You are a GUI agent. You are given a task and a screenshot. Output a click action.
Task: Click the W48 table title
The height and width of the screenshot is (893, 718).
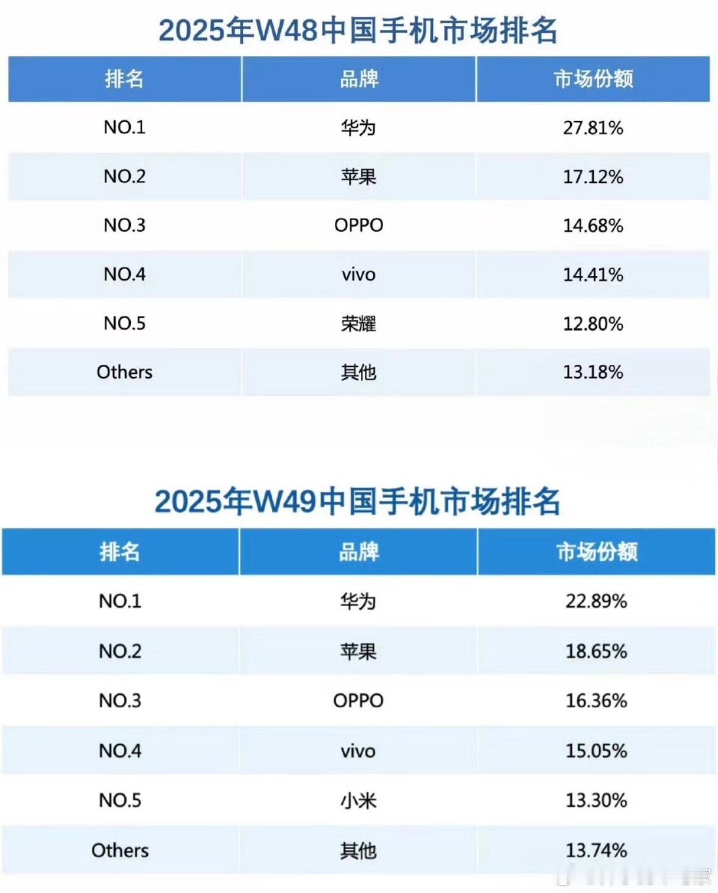(358, 30)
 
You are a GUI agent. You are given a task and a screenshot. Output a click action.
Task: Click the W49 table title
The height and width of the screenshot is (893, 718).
(357, 502)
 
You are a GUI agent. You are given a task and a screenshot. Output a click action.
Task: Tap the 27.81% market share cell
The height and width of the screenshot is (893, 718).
(593, 128)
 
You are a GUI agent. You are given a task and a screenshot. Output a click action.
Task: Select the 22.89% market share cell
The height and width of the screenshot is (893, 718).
(596, 601)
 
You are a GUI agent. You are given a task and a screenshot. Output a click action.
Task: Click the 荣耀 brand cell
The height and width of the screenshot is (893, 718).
(359, 323)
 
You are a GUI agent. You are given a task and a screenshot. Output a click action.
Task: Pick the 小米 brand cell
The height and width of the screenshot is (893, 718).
(358, 800)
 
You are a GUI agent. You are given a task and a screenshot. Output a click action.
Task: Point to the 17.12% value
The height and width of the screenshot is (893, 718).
(593, 177)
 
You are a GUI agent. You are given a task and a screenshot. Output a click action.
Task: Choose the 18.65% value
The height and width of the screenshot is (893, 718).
(596, 651)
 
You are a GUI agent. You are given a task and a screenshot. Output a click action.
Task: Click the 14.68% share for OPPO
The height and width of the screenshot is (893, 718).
(593, 225)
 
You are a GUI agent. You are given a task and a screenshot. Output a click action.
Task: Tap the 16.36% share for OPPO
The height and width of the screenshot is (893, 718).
(596, 701)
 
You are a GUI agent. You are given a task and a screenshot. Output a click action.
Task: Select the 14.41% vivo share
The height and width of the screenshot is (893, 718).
(593, 275)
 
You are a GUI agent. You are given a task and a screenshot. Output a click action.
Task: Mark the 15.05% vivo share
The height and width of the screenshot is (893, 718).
(596, 750)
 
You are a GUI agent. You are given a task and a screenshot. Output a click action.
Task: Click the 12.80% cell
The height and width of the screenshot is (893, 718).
(593, 323)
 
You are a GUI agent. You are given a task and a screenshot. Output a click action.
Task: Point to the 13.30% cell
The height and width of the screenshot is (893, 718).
(596, 800)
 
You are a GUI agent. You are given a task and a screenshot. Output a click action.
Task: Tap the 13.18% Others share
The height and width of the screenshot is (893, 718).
(593, 372)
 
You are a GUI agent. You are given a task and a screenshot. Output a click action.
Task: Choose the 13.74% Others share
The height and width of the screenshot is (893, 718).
(596, 850)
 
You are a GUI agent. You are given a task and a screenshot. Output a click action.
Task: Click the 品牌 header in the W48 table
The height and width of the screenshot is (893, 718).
(359, 79)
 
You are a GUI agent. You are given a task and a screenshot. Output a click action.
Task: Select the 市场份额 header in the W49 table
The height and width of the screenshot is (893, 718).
(597, 552)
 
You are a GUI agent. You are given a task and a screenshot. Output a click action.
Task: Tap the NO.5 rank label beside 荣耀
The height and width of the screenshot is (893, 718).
(124, 323)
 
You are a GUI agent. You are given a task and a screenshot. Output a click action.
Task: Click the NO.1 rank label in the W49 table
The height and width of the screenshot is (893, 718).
(120, 601)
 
